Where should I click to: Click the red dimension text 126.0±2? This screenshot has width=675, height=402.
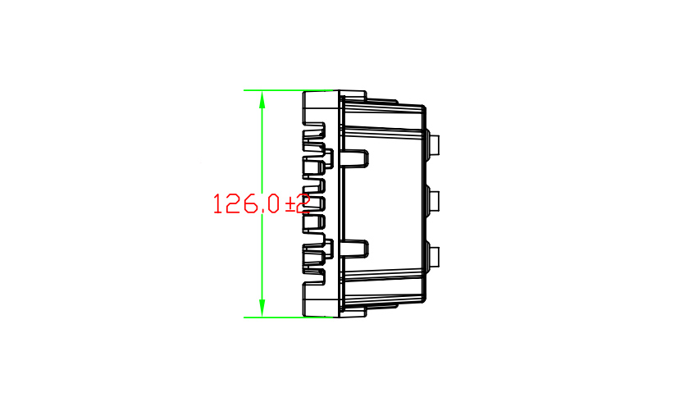[262, 203]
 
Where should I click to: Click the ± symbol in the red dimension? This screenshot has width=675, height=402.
[290, 204]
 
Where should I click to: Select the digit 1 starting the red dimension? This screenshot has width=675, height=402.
[217, 203]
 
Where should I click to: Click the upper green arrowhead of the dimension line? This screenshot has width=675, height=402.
[262, 100]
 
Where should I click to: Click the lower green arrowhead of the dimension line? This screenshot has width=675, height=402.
[262, 308]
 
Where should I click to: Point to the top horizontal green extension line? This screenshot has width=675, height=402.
[288, 90]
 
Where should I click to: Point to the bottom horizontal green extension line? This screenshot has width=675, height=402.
[288, 317]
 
